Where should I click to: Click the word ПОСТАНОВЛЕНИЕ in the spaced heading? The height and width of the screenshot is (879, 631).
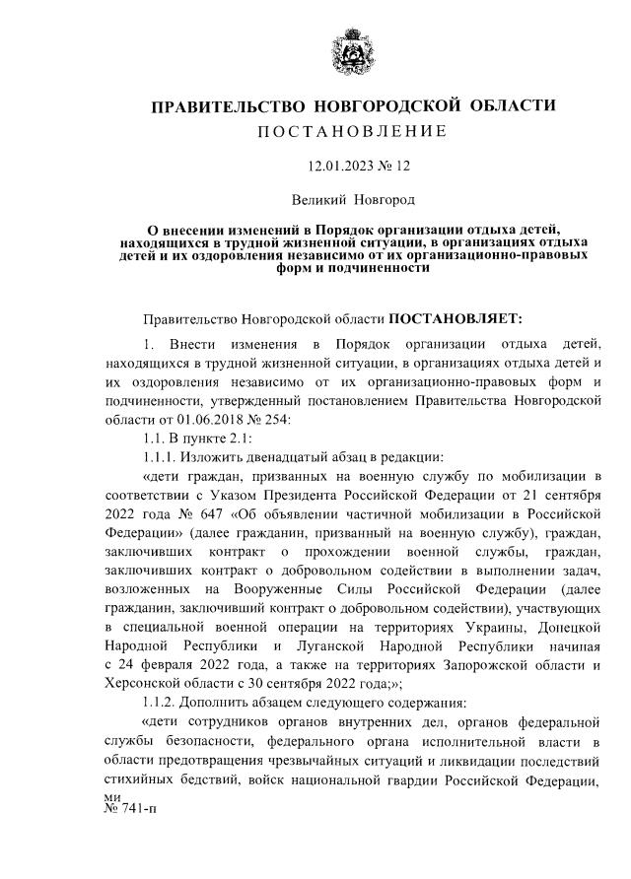coord(353,132)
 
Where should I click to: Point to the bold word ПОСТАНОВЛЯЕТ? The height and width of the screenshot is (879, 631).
coord(456,319)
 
